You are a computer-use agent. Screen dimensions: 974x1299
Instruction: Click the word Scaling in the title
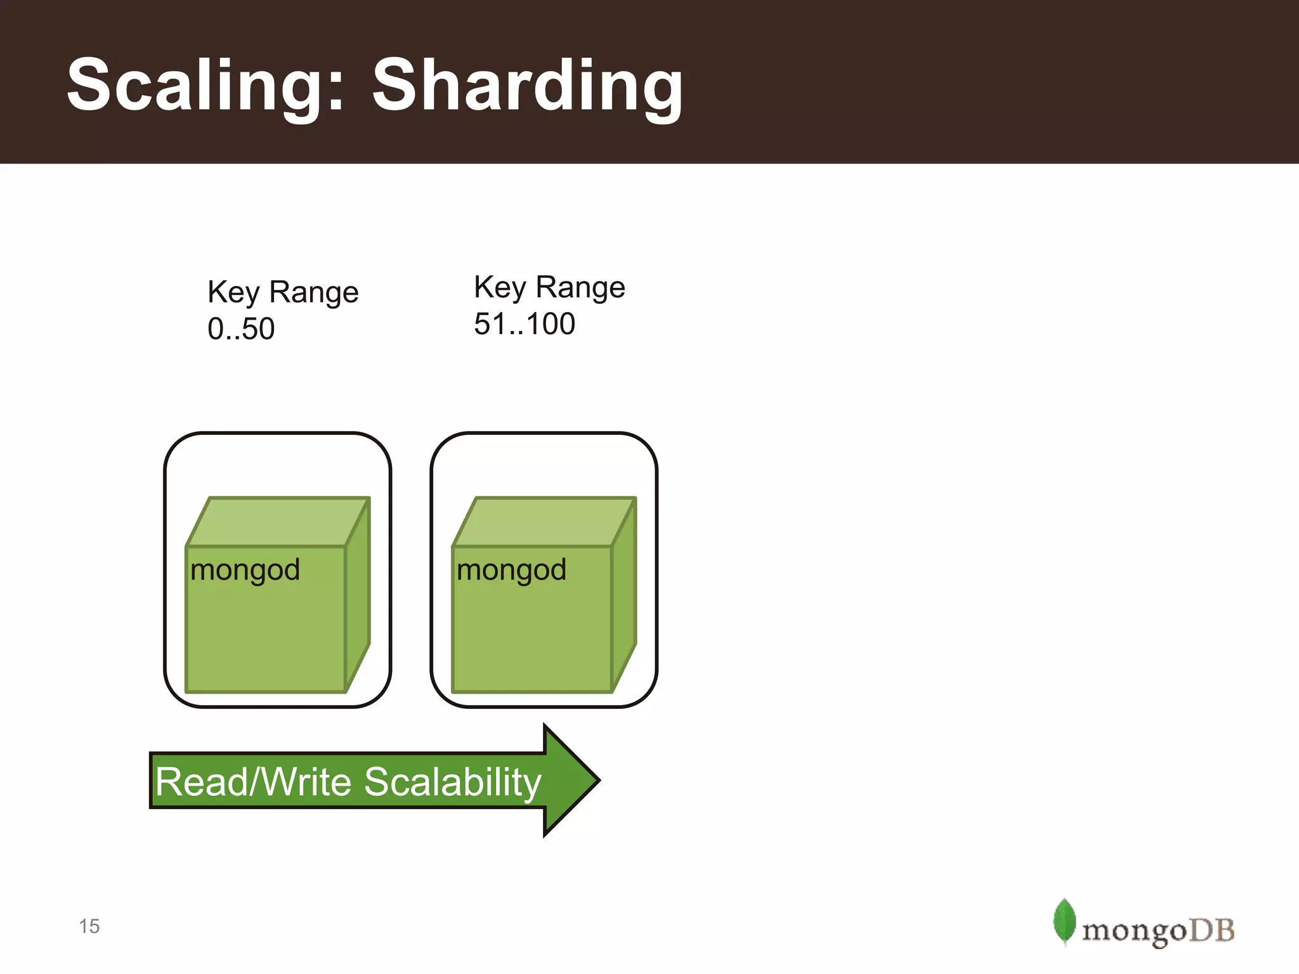pyautogui.click(x=197, y=86)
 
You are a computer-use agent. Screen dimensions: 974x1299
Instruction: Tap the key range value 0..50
pyautogui.click(x=241, y=329)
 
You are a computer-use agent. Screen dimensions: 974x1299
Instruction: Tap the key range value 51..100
pyautogui.click(x=525, y=324)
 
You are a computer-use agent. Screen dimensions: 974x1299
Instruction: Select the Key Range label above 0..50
pyautogui.click(x=283, y=292)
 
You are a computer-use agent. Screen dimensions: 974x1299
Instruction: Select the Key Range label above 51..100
pyautogui.click(x=549, y=287)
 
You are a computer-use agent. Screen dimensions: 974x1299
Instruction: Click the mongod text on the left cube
pyautogui.click(x=245, y=570)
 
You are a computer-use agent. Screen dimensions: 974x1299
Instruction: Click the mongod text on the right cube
pyautogui.click(x=511, y=570)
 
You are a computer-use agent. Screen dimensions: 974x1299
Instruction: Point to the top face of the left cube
pyautogui.click(x=278, y=522)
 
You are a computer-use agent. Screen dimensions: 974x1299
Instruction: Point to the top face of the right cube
pyautogui.click(x=544, y=522)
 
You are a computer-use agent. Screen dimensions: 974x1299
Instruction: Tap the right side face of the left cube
pyautogui.click(x=358, y=596)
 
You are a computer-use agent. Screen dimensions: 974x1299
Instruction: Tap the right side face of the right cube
pyautogui.click(x=624, y=596)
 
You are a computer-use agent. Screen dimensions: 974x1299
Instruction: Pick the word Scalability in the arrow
pyautogui.click(x=453, y=782)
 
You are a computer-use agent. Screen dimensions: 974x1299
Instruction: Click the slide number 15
pyautogui.click(x=89, y=926)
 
